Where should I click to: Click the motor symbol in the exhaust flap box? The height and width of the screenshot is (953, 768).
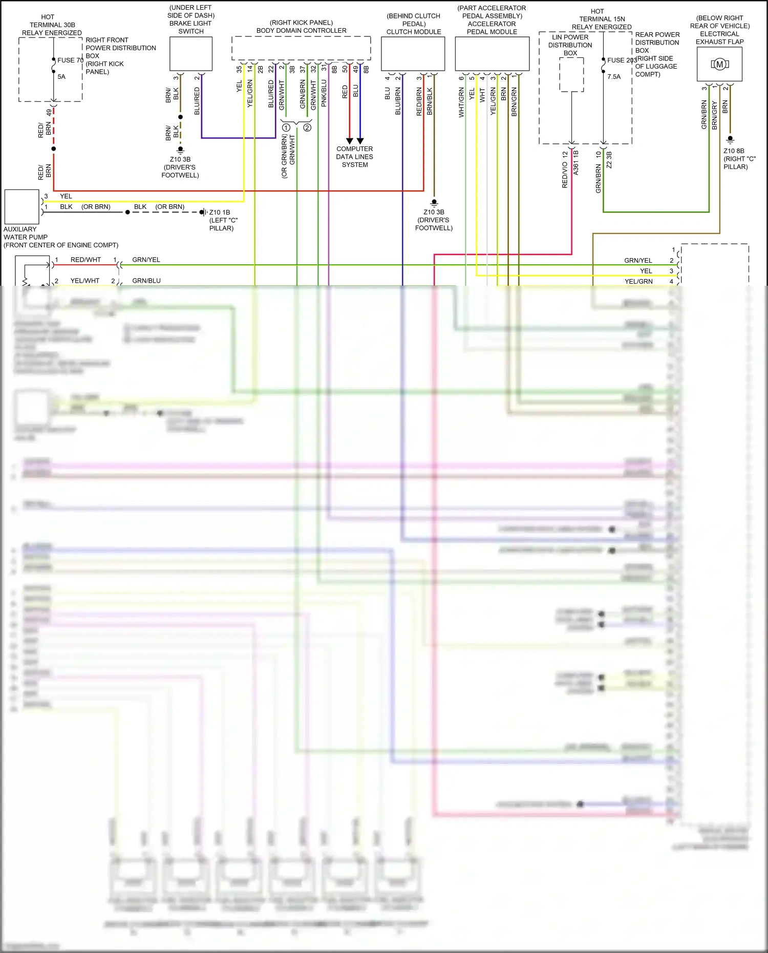719,64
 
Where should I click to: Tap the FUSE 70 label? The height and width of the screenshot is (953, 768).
70,60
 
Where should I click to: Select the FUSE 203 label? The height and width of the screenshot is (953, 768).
622,60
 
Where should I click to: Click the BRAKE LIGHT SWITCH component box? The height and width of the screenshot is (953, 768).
191,53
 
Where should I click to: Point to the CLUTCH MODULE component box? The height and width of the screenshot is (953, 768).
413,54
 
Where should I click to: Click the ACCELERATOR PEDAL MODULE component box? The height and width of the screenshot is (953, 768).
492,54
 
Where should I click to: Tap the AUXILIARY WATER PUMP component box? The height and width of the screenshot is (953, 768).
22,207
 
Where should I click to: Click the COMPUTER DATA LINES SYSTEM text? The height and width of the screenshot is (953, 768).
355,157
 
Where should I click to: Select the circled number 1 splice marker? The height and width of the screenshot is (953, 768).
286,128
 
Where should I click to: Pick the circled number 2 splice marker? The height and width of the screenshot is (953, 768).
307,128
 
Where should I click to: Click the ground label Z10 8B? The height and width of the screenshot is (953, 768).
734,151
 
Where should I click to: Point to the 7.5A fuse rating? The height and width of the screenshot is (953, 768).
614,77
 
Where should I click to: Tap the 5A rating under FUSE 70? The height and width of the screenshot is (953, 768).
61,77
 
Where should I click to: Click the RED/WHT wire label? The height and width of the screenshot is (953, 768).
86,260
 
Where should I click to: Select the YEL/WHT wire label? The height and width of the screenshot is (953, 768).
85,281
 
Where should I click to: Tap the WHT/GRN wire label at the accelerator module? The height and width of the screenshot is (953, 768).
461,102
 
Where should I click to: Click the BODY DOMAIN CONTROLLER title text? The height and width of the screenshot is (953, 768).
301,31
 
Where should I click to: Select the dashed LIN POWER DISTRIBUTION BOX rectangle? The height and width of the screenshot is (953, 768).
571,75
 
